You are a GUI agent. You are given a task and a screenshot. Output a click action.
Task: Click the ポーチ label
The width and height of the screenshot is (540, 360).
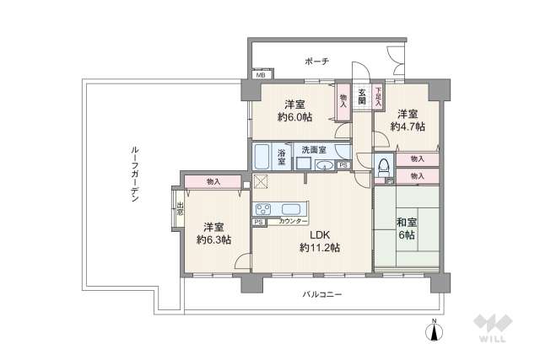point(317,62)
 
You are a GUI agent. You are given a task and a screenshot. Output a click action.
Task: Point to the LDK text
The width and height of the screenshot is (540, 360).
point(319,235)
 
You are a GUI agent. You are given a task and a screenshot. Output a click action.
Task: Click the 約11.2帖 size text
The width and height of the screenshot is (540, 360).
point(319,248)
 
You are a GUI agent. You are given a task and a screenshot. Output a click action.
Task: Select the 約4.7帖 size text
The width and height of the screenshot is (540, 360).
point(408,126)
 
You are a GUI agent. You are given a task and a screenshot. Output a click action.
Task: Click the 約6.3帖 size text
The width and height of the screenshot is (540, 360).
point(213,239)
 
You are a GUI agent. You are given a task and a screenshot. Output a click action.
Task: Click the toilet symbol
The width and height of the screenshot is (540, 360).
point(384,166)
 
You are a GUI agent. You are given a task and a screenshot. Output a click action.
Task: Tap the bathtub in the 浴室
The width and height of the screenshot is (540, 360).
point(262,157)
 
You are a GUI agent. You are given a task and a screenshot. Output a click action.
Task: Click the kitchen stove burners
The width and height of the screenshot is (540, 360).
point(262,210)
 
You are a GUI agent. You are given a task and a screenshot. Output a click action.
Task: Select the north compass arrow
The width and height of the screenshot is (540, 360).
point(435,330)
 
